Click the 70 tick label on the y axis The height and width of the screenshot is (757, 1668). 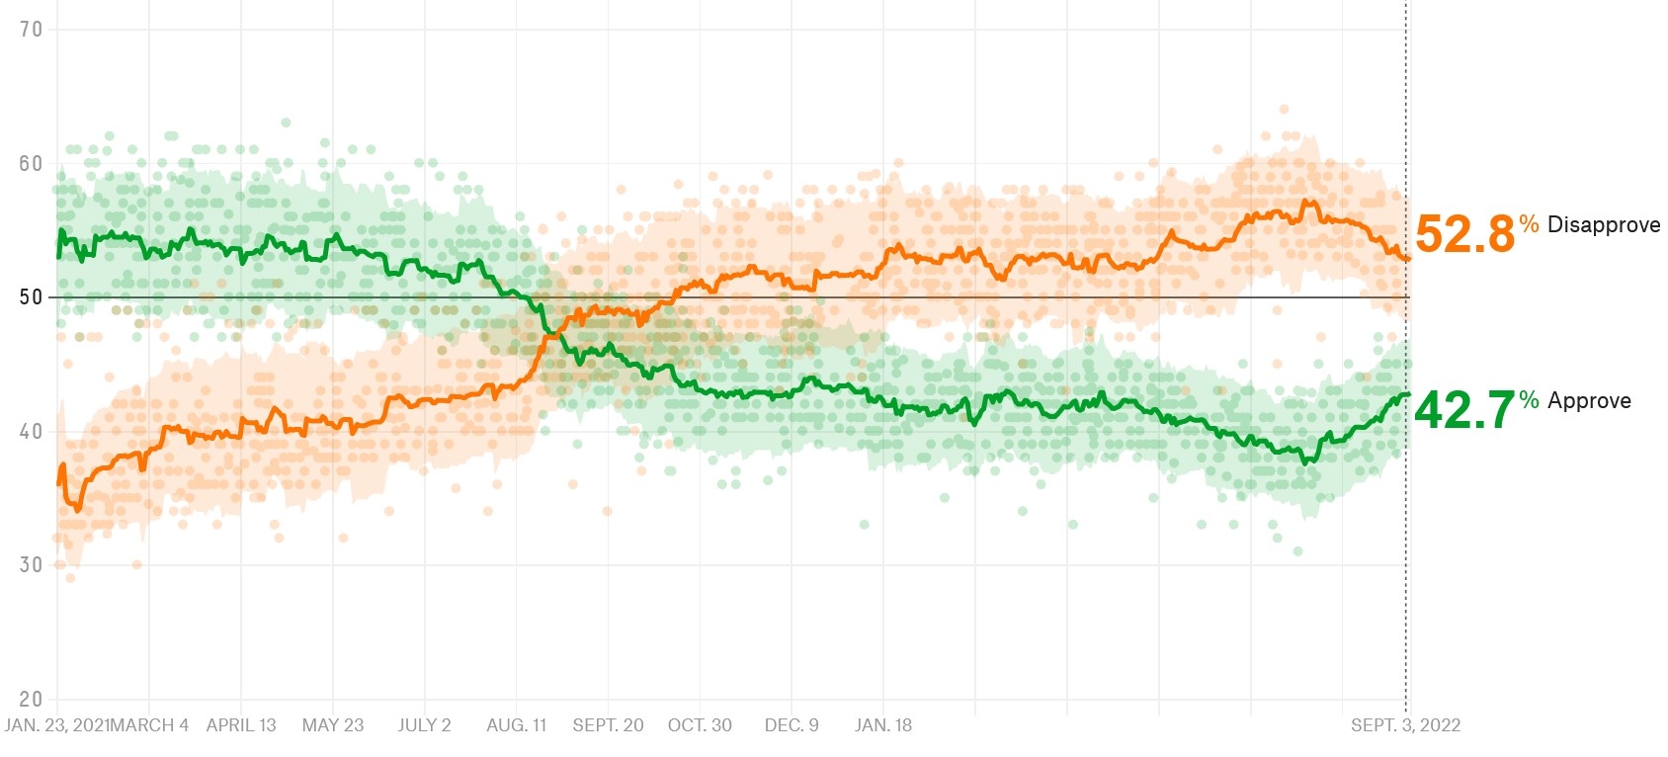tap(31, 30)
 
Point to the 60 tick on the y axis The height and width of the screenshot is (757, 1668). tap(31, 164)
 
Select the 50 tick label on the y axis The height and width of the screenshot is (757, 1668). tap(31, 297)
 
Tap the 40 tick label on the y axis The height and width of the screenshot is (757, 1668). tap(31, 432)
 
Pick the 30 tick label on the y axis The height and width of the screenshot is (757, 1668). tap(31, 565)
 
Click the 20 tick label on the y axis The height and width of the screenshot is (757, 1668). tap(31, 700)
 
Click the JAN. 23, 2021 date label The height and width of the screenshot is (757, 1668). tap(54, 725)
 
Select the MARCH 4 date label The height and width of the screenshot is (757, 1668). tap(148, 725)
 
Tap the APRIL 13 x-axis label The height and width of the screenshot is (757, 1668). tap(241, 725)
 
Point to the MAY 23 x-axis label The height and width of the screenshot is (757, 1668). tap(333, 725)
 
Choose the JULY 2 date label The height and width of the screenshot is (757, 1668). tap(424, 725)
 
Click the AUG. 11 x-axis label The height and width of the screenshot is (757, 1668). tap(516, 725)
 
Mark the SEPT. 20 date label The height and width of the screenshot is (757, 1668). tap(608, 725)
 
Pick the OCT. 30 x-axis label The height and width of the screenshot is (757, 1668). tap(700, 725)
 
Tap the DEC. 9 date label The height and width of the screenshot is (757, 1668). tap(792, 725)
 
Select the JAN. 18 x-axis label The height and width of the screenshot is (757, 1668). tap(883, 725)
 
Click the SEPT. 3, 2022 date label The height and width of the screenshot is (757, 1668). tap(1405, 725)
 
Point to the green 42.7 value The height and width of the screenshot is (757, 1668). tap(1464, 410)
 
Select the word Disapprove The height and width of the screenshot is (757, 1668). tap(1604, 225)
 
